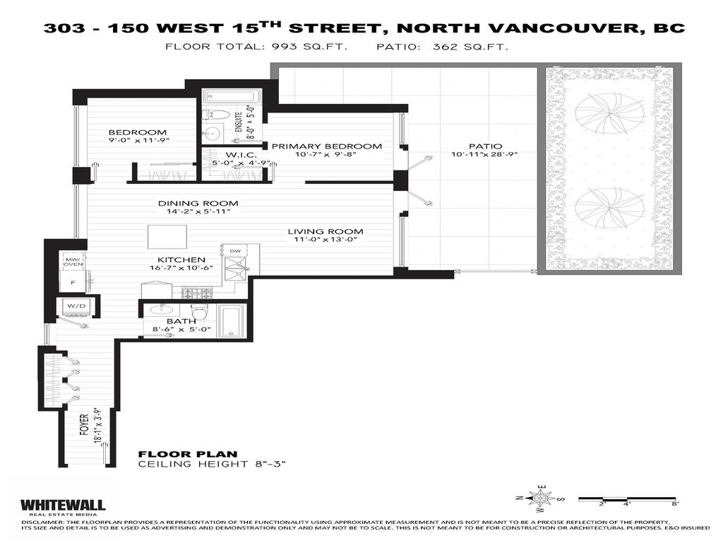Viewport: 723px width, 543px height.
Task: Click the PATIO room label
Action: [484, 146]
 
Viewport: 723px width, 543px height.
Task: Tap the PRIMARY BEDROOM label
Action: [326, 146]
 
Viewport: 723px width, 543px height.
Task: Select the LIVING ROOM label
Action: [330, 231]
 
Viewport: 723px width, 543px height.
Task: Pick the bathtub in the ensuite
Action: [231, 97]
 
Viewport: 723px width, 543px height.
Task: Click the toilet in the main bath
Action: [197, 310]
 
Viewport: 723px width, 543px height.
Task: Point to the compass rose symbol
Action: [540, 497]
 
